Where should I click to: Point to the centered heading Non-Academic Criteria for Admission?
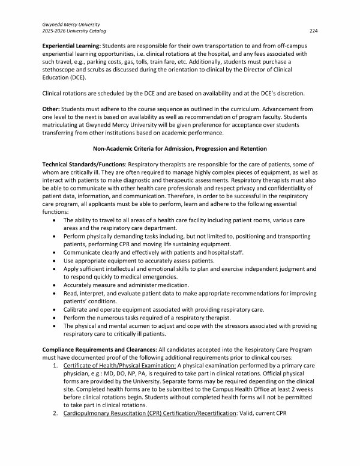(x=179, y=148)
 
